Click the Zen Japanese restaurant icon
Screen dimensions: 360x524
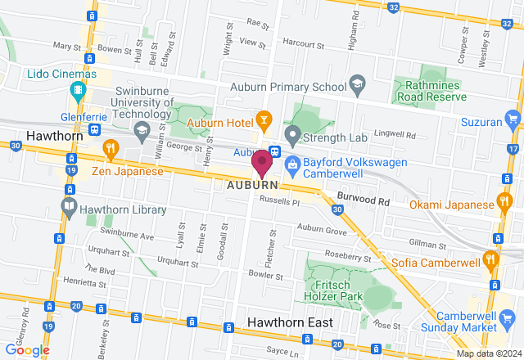coord(111,148)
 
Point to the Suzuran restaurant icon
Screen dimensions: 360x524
coord(513,122)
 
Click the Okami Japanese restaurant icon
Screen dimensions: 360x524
coord(504,201)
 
